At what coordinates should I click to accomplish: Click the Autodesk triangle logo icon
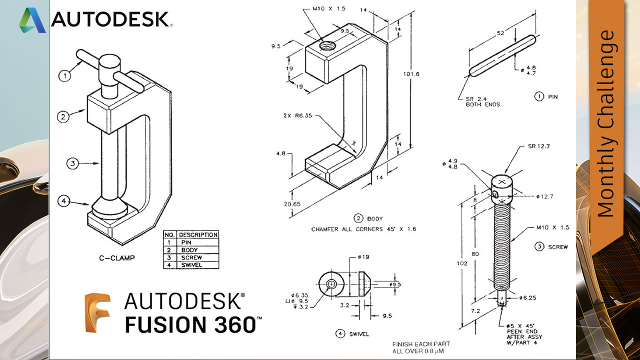coord(32,20)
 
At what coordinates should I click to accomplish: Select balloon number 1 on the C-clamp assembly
coord(64,76)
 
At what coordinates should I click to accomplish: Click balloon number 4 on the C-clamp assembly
coord(64,201)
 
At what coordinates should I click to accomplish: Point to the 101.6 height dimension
coord(410,74)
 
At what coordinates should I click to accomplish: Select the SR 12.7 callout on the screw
coord(538,146)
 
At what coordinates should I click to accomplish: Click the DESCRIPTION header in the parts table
coord(198,234)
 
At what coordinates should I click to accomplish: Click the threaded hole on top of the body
coord(328,46)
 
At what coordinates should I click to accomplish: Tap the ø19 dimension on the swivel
coord(363,257)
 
